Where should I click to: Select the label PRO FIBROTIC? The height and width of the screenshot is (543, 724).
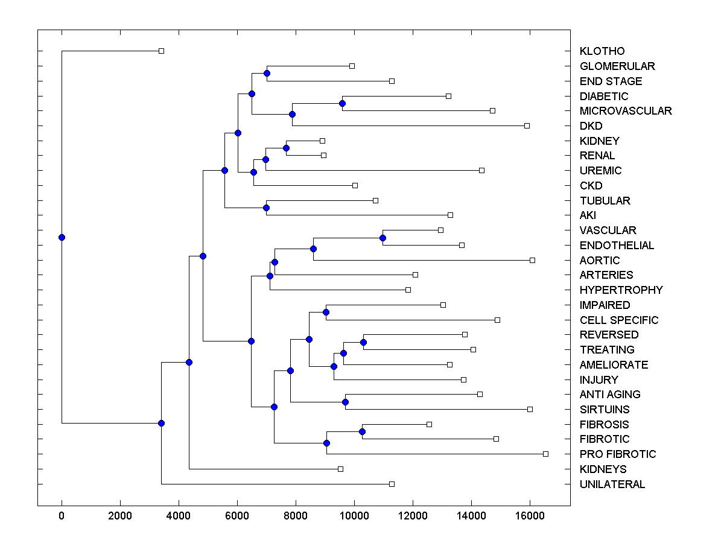[x=617, y=454]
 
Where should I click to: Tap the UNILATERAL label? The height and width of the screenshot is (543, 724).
[x=612, y=484]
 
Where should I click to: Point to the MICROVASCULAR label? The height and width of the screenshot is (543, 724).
[x=625, y=111]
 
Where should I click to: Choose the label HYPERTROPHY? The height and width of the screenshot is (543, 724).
[x=621, y=290]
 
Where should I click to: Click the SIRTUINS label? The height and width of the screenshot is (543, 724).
[x=604, y=409]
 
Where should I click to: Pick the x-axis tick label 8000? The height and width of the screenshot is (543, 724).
[x=296, y=516]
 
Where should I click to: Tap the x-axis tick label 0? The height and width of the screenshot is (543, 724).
[x=62, y=516]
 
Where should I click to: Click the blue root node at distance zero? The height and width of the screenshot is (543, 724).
[x=62, y=237]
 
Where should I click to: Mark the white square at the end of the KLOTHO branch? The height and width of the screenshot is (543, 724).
[x=161, y=51]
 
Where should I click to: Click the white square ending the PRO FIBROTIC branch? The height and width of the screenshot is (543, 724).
[x=545, y=454]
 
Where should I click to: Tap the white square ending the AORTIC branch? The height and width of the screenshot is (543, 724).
[x=532, y=260]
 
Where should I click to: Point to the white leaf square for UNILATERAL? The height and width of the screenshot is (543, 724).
[x=392, y=484]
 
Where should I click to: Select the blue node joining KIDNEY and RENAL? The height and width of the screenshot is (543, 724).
[x=287, y=148]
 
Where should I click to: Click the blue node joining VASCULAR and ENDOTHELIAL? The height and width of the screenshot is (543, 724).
[x=383, y=238]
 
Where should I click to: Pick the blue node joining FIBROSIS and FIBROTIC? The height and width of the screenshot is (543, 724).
[x=362, y=431]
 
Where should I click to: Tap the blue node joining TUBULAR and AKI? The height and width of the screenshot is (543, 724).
[x=266, y=208]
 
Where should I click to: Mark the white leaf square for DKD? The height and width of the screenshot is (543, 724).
[x=527, y=125]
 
